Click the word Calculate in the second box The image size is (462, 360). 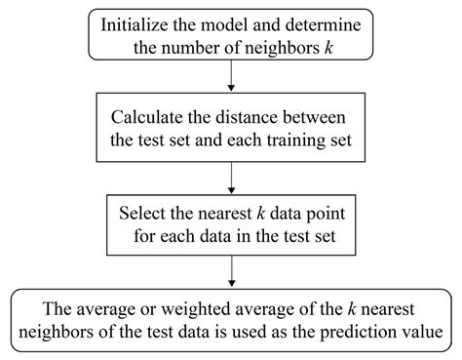click(151, 116)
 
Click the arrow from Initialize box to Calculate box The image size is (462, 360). click(231, 75)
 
